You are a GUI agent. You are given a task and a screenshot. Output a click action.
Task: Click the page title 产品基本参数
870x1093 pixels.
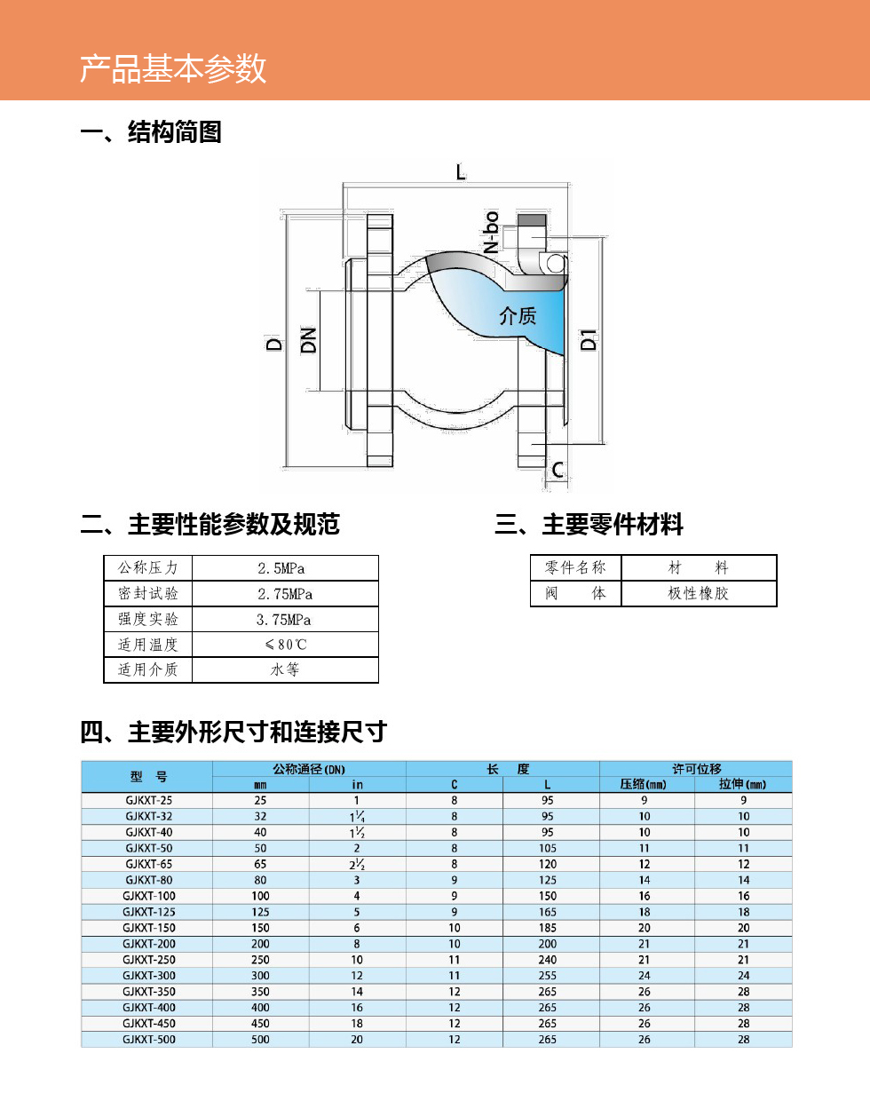173,68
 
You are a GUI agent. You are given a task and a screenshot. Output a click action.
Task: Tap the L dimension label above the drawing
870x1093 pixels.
461,172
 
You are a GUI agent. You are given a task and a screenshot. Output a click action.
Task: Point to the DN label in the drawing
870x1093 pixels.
308,340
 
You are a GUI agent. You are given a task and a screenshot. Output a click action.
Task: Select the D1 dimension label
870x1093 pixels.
588,340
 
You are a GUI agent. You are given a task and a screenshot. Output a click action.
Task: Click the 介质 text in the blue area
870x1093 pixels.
518,316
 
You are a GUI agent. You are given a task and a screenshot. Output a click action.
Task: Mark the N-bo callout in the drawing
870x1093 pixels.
491,232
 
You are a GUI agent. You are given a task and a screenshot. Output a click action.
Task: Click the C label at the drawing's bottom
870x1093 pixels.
558,470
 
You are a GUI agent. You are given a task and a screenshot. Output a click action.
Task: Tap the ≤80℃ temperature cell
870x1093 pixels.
286,645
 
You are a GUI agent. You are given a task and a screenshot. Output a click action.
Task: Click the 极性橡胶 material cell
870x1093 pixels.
698,593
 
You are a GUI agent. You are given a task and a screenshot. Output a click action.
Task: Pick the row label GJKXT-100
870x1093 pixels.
149,896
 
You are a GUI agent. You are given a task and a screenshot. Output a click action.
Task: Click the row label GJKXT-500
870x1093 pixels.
149,1039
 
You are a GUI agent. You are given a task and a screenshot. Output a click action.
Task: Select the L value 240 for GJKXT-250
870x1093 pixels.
548,960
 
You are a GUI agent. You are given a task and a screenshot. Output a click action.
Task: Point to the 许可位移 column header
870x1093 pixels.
697,768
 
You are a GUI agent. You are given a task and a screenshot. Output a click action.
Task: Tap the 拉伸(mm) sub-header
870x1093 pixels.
742,784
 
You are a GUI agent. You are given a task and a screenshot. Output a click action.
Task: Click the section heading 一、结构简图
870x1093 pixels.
151,132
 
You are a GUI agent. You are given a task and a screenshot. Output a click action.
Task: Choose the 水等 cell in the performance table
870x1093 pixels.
285,670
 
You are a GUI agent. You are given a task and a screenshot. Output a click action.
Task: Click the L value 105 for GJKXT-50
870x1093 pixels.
548,848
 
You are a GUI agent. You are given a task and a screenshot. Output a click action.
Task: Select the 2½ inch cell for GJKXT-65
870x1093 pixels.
357,865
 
